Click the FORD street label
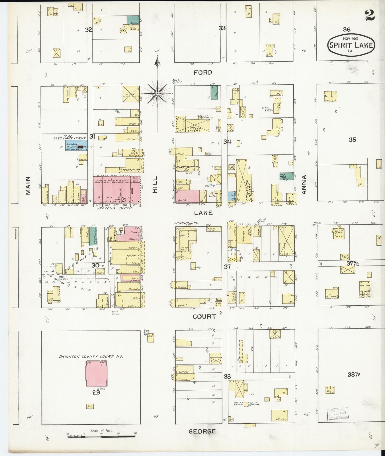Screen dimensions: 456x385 [x=203, y=72]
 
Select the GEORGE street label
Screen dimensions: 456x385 [x=202, y=431]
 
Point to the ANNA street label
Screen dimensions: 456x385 [x=304, y=184]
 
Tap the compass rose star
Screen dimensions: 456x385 [x=157, y=94]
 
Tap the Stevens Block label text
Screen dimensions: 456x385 [x=118, y=208]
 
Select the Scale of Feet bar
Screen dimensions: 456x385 [x=101, y=436]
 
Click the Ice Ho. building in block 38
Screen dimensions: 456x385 [x=279, y=416]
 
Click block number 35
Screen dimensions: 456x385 [x=352, y=140]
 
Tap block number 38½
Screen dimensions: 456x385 [x=354, y=375]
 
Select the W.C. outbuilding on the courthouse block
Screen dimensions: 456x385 [x=90, y=406]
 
